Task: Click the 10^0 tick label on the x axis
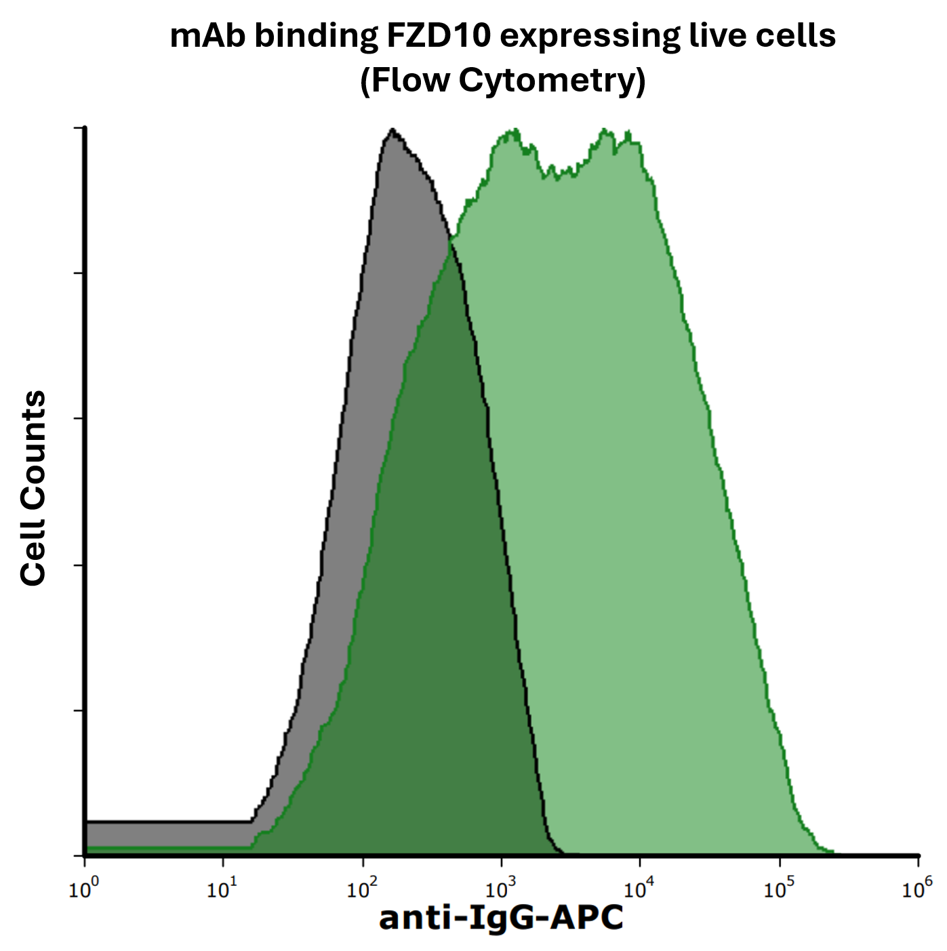[x=84, y=889]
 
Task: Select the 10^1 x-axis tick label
[x=223, y=889]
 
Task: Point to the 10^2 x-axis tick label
[x=362, y=889]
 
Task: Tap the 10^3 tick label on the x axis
[x=501, y=889]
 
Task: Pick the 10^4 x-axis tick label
[x=640, y=889]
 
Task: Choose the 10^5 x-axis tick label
[x=779, y=889]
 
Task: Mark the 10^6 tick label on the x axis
[x=917, y=887]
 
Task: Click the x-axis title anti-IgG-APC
[x=501, y=919]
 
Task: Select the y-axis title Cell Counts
[x=33, y=488]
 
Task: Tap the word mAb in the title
[x=208, y=35]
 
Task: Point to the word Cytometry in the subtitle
[x=552, y=80]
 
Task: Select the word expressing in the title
[x=588, y=37]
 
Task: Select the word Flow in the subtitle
[x=407, y=80]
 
